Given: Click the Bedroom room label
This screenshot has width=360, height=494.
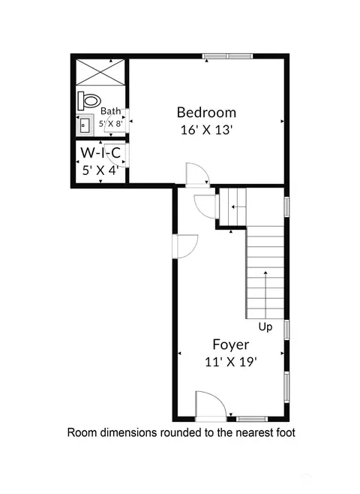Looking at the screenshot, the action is coord(206,113).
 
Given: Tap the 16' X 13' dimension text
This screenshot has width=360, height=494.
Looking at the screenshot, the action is coord(206,130).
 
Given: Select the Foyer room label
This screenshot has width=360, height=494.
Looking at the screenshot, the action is coord(231,345).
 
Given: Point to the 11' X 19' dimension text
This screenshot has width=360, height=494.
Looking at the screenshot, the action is coord(231,362).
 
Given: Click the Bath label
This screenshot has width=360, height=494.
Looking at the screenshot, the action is coord(110,111).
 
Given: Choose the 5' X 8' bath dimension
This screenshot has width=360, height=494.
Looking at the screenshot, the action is coord(110,124).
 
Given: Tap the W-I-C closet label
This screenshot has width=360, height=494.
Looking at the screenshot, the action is coord(100,153).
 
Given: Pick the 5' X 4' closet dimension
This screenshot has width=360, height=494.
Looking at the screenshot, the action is coord(100,170).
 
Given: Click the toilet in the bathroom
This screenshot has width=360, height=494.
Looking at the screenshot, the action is coord(89,101).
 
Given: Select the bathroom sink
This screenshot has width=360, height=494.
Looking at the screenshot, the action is coord(85,125).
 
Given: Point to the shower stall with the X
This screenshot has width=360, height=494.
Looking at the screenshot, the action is coord(100,72).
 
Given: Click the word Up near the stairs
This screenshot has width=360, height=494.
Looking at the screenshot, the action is coord(265,327).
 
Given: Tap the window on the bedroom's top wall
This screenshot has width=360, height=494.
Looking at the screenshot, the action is coord(227,56).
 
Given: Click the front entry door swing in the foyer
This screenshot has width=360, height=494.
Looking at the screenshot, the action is coord(211,406).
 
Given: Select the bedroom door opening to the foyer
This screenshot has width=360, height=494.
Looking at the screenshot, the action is coord(197,175).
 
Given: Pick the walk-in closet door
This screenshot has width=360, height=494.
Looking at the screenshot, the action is coord(118,155).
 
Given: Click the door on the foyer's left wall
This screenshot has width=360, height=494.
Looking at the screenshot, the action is coord(185,247).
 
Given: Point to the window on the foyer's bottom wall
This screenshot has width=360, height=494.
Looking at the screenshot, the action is coord(252,419).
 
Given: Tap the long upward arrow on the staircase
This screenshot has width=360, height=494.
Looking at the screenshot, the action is coord(265,294).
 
